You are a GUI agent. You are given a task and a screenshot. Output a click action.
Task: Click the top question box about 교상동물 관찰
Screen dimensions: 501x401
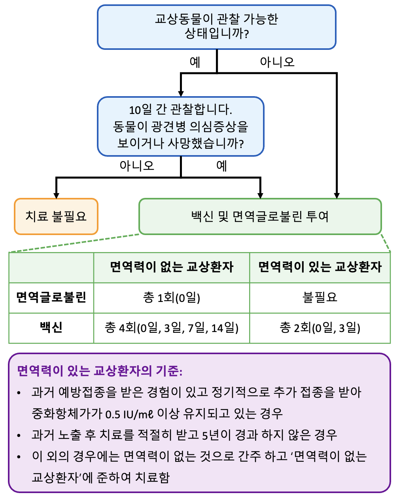pos(216,27)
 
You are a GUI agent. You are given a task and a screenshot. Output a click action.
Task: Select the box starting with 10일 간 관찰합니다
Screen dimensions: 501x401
pos(180,126)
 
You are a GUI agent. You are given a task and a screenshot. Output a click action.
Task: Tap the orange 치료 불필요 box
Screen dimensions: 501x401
pos(56,216)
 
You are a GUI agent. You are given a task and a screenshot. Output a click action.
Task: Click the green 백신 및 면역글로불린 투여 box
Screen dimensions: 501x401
pos(260,216)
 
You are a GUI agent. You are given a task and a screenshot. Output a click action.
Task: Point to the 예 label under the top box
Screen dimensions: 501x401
pos(195,62)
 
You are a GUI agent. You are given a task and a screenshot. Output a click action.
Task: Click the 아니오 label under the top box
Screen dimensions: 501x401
pos(277,62)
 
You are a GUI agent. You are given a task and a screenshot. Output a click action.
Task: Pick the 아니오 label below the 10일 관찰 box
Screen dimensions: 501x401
pos(137,165)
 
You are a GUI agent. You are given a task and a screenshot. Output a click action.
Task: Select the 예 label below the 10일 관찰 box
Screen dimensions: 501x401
pos(221,165)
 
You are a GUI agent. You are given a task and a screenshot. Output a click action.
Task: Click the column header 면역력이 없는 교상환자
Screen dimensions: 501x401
pos(172,267)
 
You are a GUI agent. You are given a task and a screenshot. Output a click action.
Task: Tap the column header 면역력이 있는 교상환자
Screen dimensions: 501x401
pos(320,267)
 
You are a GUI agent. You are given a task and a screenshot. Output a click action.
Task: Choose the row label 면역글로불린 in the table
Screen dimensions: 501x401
pos(51,297)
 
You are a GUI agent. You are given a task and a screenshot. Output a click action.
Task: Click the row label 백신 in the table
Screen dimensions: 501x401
pos(51,328)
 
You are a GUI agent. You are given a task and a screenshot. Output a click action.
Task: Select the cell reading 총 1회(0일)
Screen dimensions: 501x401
pos(172,297)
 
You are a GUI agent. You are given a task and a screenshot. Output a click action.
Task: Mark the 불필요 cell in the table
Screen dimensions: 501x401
pos(320,297)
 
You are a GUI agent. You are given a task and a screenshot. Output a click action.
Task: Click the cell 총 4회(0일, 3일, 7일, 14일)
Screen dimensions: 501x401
pos(172,328)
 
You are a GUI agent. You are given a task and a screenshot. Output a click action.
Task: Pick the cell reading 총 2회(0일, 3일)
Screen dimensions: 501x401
pos(320,328)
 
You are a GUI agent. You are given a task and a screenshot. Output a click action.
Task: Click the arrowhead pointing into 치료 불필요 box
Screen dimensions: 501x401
pos(57,195)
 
